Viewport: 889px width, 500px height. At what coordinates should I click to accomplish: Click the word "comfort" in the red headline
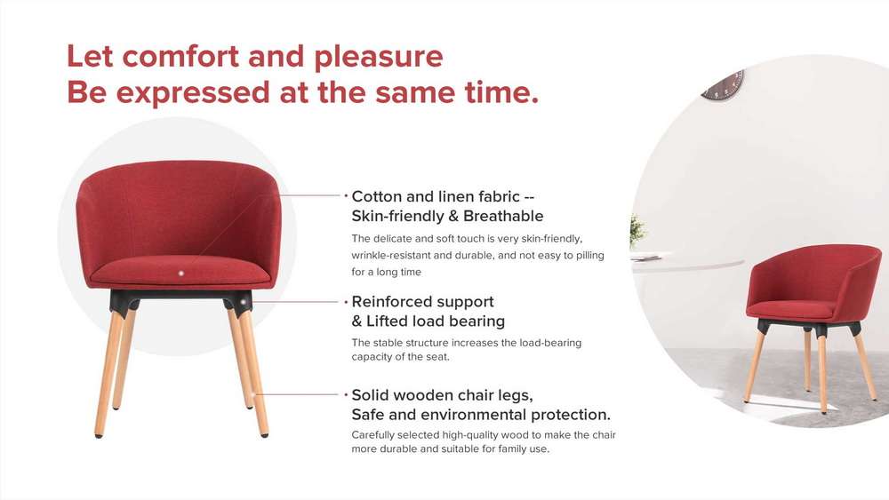(x=180, y=57)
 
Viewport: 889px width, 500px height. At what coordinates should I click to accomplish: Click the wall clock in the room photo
(x=724, y=85)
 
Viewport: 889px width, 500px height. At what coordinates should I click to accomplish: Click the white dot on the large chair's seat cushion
(x=180, y=273)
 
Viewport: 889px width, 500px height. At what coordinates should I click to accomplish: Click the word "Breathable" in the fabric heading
(x=503, y=216)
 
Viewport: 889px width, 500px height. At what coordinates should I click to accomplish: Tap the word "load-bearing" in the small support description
(x=550, y=343)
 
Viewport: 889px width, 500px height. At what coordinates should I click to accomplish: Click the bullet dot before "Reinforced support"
(x=346, y=302)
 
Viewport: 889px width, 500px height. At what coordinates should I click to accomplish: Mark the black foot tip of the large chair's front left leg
(x=99, y=435)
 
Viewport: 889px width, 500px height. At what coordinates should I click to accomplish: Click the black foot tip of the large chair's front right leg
(x=264, y=435)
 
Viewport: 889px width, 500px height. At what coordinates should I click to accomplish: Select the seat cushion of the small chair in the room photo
(x=791, y=309)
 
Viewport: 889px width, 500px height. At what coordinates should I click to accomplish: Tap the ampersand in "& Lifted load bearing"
(x=356, y=321)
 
